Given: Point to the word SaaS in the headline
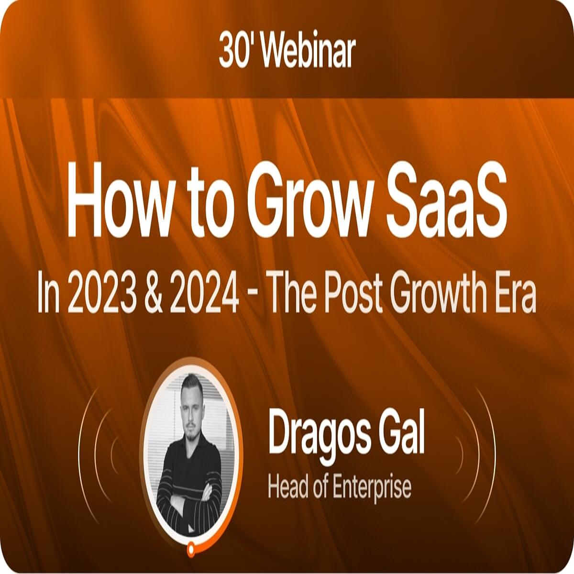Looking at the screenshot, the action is pos(446,200).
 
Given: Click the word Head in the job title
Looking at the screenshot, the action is pos(288,487).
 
